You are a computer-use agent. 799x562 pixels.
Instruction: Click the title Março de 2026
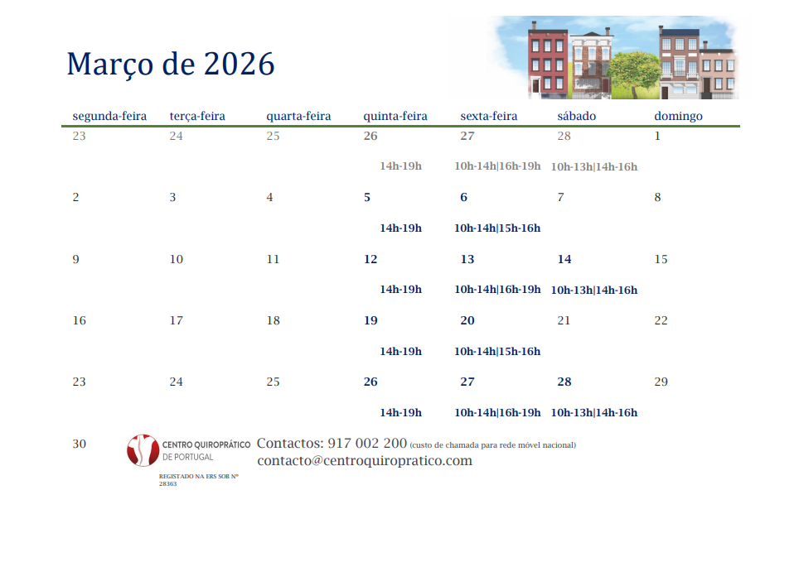(x=171, y=65)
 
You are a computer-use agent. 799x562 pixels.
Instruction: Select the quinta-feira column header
(x=395, y=117)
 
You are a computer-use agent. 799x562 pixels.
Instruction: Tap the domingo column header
(x=678, y=117)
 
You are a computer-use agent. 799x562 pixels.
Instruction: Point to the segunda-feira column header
(x=109, y=117)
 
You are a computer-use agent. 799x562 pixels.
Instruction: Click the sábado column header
(x=576, y=116)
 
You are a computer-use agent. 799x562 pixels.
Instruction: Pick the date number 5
(x=367, y=198)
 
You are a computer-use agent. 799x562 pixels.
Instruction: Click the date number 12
(x=370, y=259)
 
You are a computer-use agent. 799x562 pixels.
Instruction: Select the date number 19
(x=370, y=320)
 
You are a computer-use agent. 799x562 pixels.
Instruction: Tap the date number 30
(x=79, y=444)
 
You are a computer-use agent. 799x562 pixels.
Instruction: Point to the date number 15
(x=661, y=259)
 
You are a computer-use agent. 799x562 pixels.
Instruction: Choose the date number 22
(x=661, y=320)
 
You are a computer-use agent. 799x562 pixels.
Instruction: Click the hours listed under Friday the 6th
(x=497, y=228)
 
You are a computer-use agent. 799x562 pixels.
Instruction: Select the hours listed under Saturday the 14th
(x=594, y=291)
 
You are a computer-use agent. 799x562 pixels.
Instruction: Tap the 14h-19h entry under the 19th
(x=400, y=351)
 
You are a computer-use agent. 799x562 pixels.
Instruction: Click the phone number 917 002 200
(x=367, y=444)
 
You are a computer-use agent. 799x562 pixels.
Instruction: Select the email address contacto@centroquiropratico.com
(x=365, y=461)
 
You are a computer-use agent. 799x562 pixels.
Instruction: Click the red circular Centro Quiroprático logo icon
(x=143, y=450)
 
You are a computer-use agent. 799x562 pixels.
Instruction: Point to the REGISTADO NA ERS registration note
(x=198, y=480)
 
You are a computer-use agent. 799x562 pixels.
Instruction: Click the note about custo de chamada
(x=493, y=445)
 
